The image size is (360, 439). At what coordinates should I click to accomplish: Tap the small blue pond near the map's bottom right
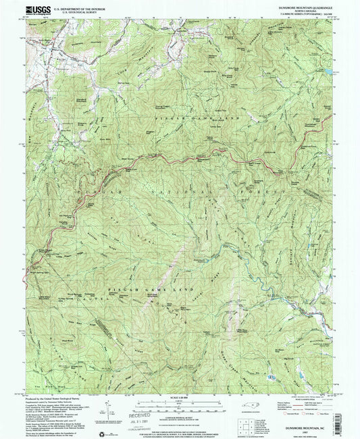click(x=271, y=376)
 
